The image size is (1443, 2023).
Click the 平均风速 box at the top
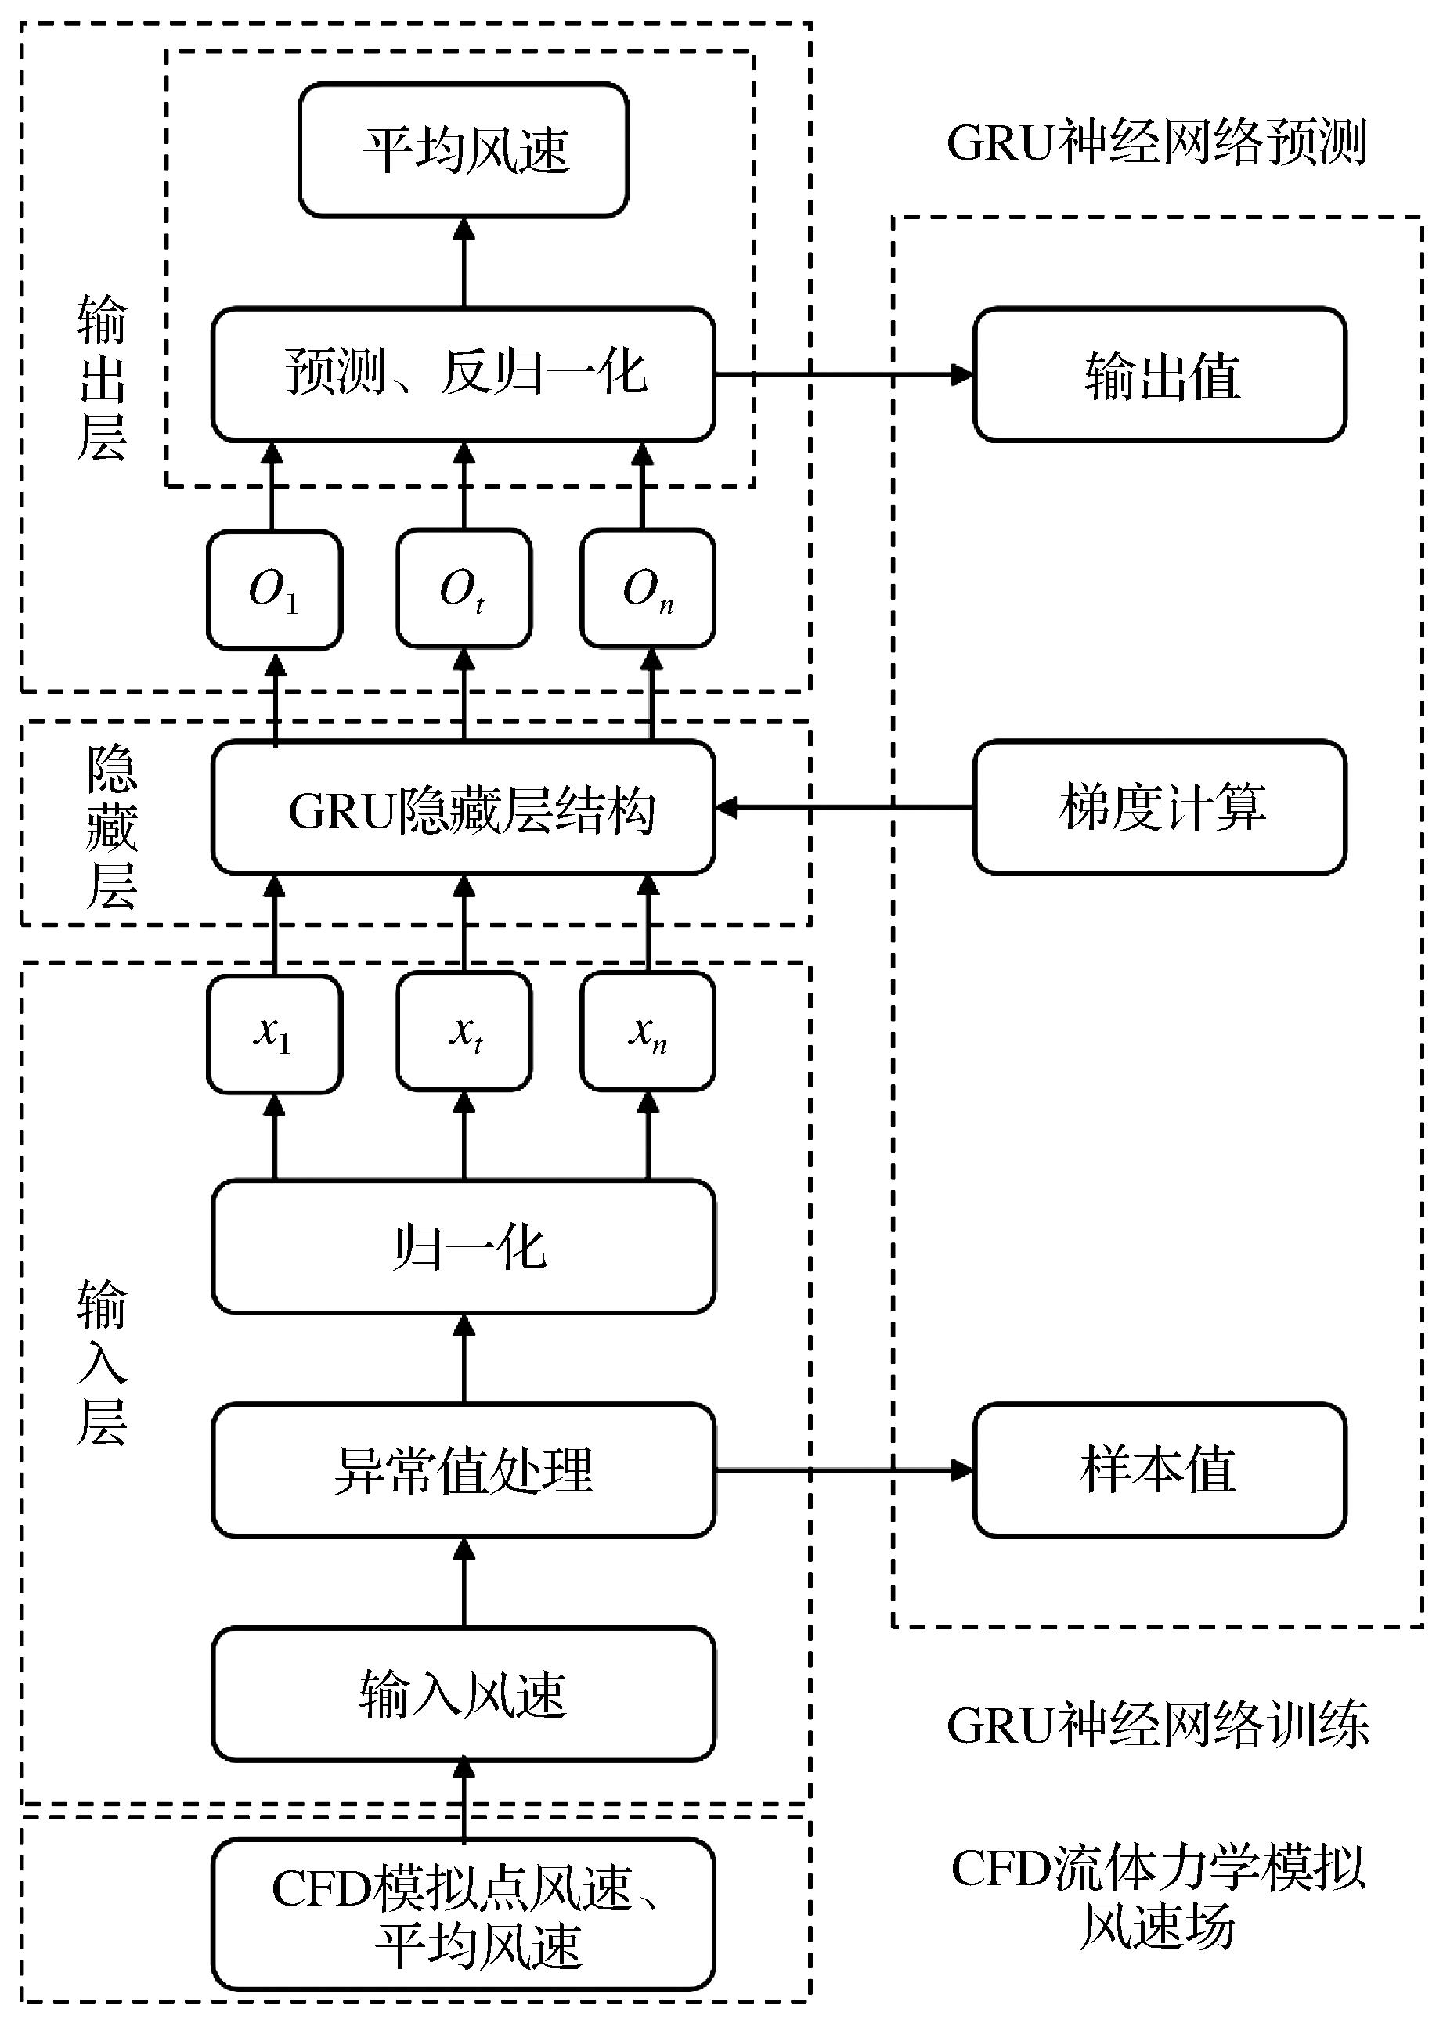point(463,150)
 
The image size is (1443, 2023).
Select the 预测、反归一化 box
point(463,374)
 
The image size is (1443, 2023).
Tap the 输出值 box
point(1160,374)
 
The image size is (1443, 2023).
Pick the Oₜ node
point(464,589)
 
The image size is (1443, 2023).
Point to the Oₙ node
point(647,589)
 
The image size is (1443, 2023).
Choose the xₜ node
point(464,1032)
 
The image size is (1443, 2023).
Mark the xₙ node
point(647,1032)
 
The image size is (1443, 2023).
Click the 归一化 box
point(463,1246)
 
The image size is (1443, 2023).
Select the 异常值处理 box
point(463,1470)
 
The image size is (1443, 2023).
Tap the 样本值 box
point(1160,1470)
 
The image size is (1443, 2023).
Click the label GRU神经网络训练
point(1158,1725)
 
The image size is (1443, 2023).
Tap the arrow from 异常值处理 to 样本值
point(844,1470)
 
